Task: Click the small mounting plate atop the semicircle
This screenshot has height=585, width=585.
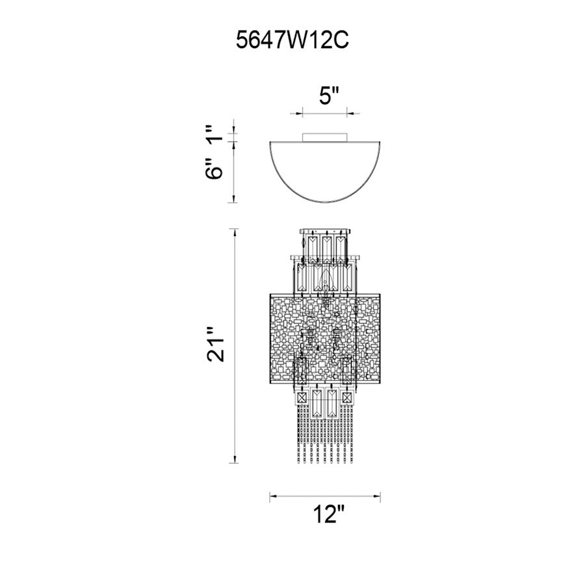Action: click(x=324, y=135)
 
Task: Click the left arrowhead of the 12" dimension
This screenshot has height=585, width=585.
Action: click(x=272, y=497)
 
